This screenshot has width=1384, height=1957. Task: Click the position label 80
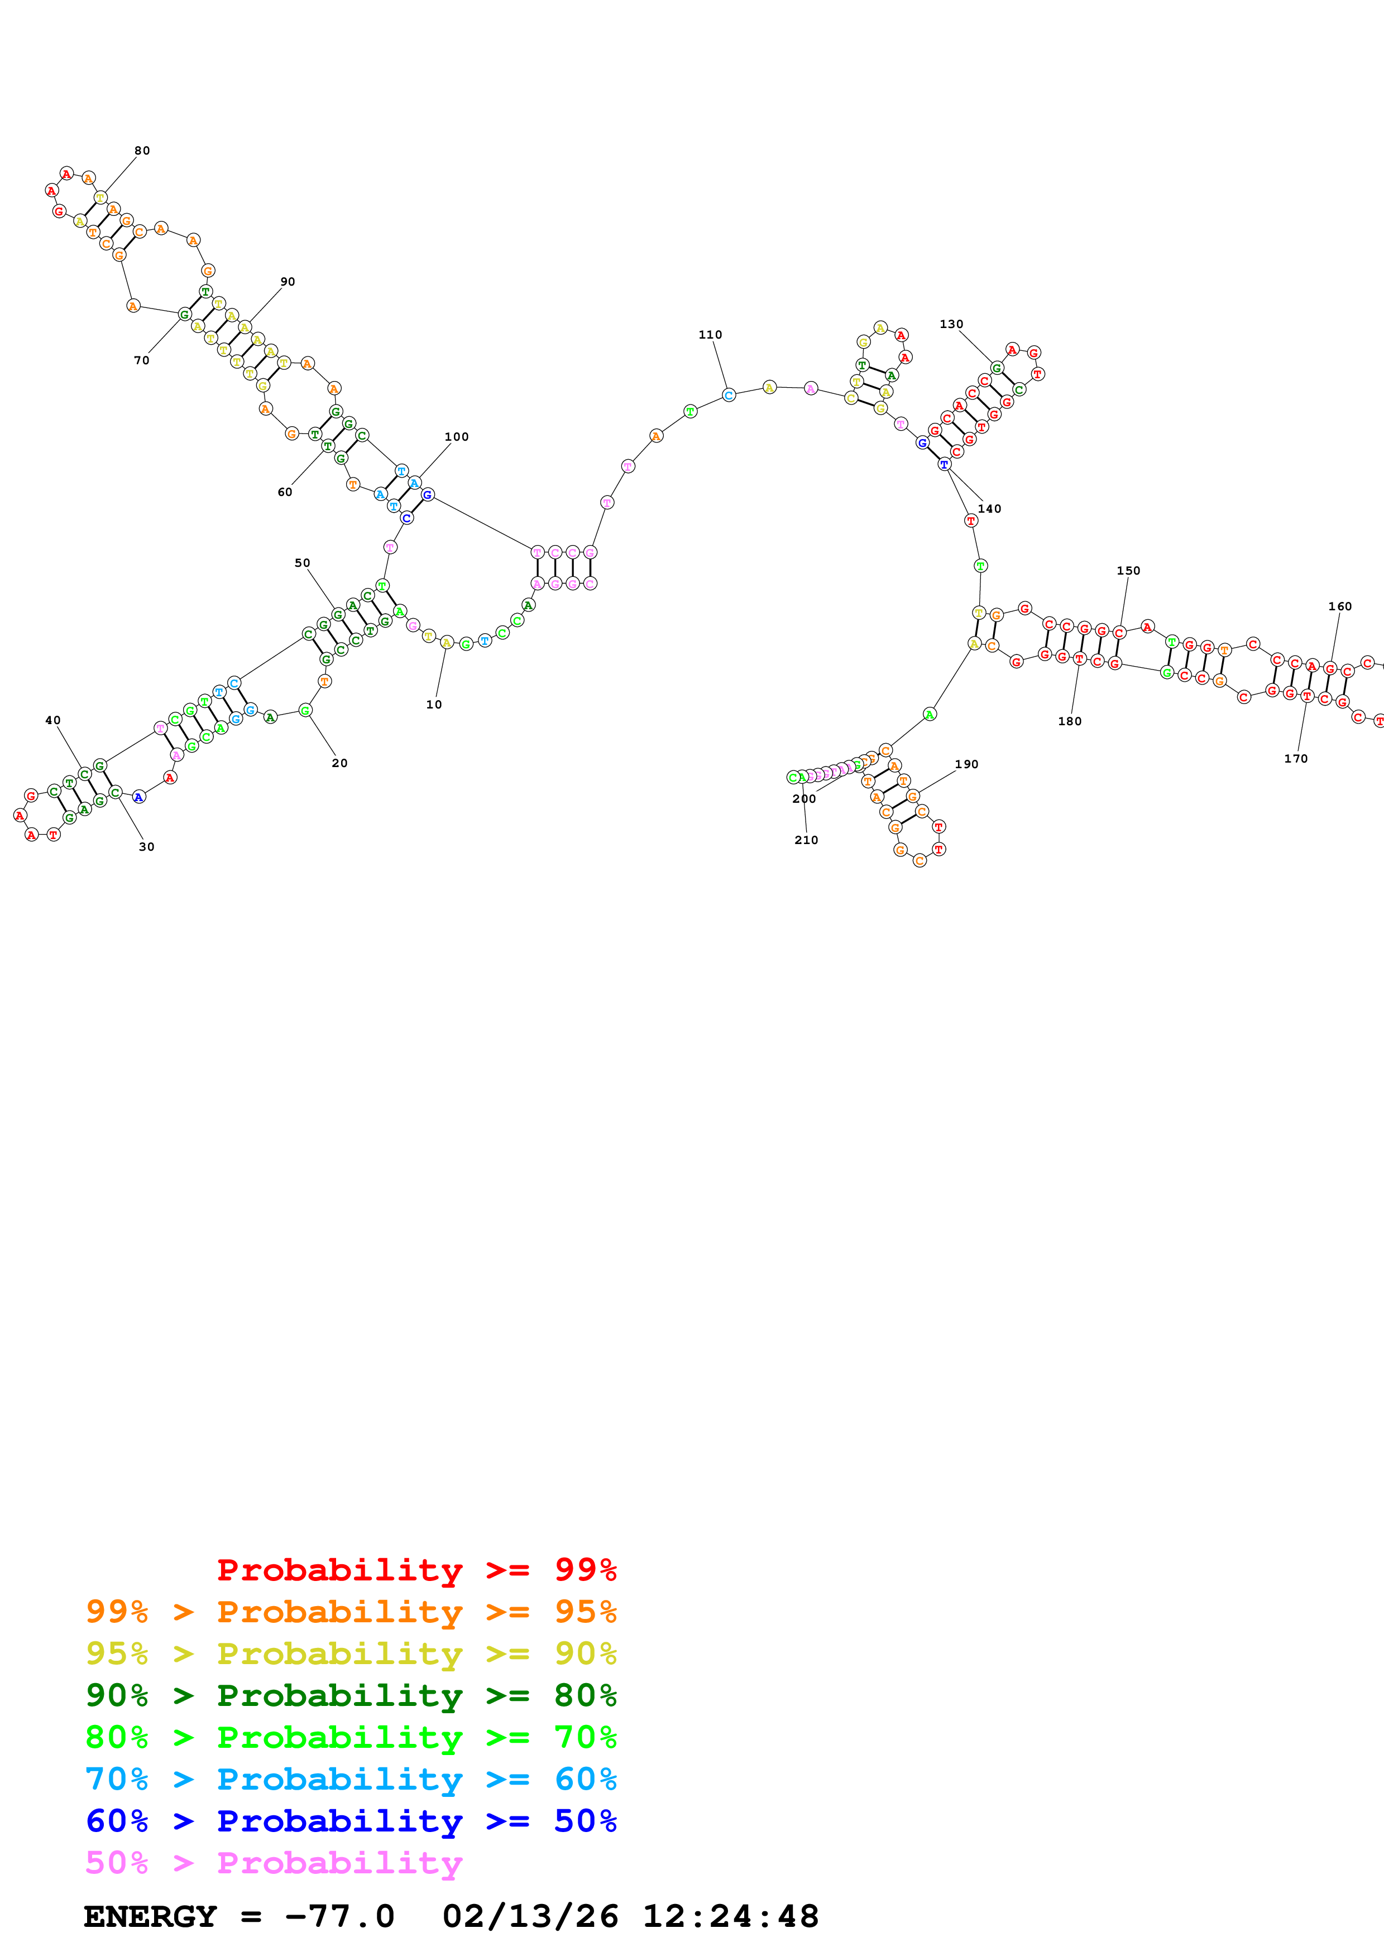[142, 151]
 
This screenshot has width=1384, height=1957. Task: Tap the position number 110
[710, 335]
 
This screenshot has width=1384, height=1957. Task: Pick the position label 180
[1069, 721]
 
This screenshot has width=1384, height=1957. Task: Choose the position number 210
[806, 840]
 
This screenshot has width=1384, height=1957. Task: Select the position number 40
[53, 720]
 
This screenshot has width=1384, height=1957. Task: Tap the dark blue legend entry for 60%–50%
[351, 1821]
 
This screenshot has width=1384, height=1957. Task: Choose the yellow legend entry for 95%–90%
[351, 1653]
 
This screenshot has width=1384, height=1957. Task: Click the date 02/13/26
[530, 1916]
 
